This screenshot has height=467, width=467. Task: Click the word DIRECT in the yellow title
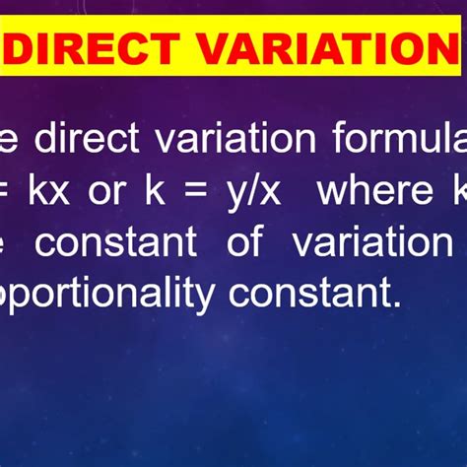pos(95,46)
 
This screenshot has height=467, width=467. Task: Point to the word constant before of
pos(116,242)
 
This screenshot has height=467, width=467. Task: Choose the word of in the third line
pos(243,242)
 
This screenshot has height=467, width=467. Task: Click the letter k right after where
pos(458,190)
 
